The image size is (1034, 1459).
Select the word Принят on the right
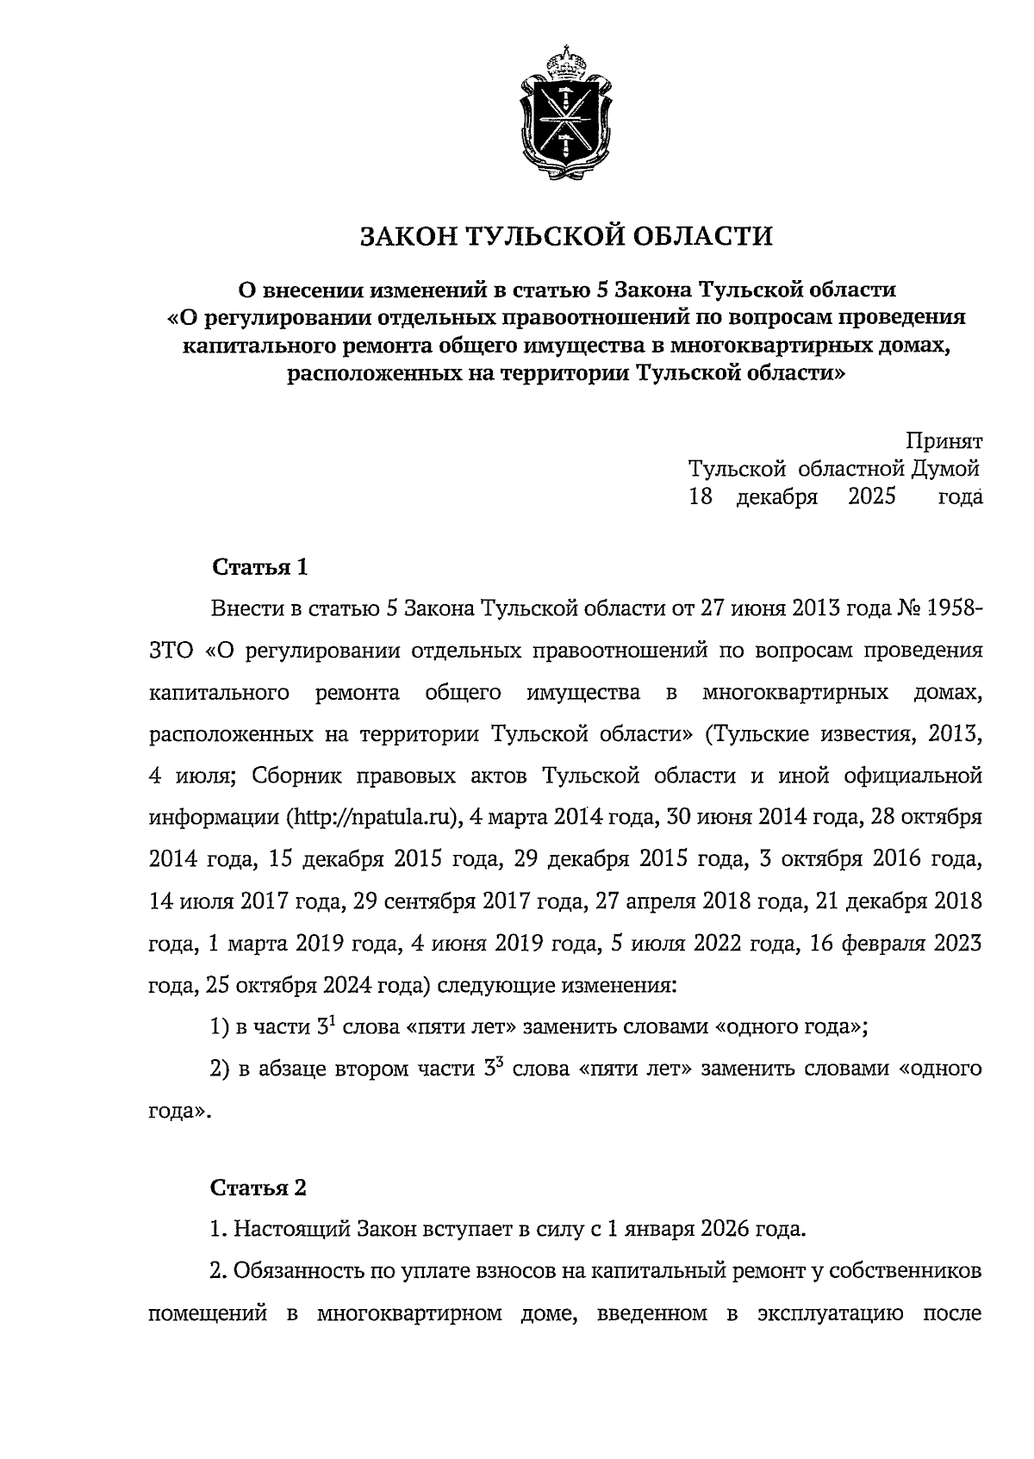tap(944, 441)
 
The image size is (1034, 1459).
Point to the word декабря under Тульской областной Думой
tap(776, 498)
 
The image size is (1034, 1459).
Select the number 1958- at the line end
tap(955, 609)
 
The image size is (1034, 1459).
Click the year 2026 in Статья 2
tap(732, 1229)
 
